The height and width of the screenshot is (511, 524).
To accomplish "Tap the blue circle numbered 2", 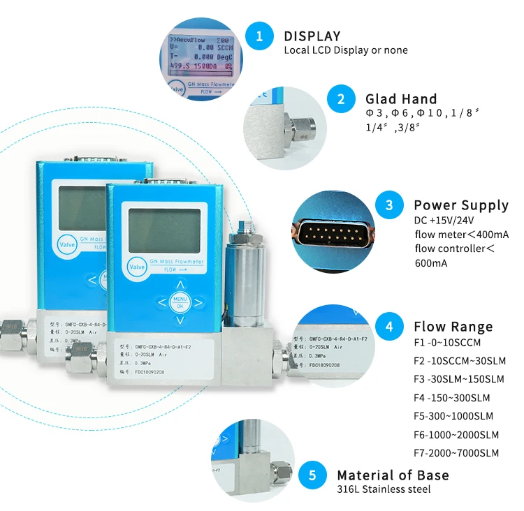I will [342, 99].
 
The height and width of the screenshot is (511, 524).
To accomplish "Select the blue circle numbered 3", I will [390, 205].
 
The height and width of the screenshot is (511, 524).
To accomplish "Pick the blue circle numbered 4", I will [390, 327].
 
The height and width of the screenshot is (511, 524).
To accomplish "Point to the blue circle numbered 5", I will [313, 476].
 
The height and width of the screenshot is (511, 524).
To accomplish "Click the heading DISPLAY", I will [312, 36].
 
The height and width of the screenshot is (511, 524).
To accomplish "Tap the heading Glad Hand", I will [401, 99].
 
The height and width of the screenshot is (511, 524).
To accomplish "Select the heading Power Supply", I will [461, 205].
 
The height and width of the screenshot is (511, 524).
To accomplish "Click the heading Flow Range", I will [453, 327].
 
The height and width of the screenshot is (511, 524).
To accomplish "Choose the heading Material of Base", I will [393, 475].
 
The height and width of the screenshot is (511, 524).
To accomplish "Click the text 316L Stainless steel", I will [384, 489].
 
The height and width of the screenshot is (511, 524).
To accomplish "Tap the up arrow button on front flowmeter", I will [180, 284].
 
